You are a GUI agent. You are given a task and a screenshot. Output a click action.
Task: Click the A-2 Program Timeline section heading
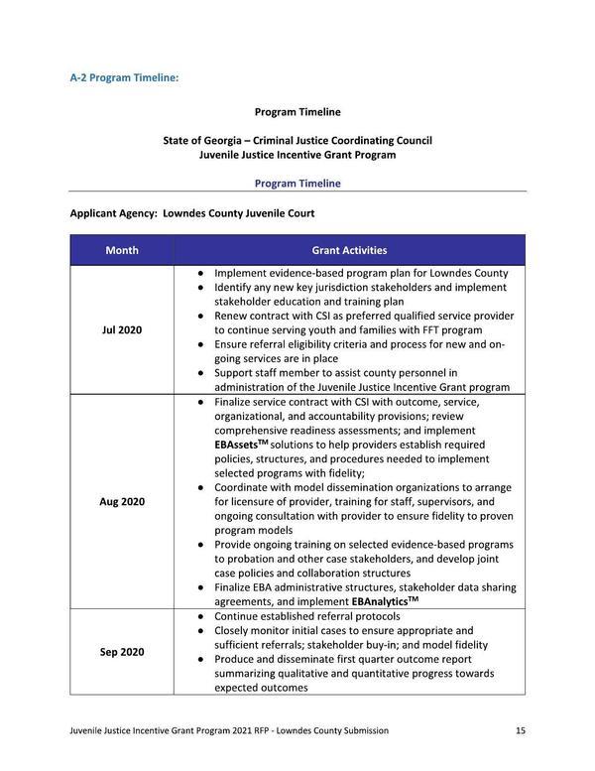click(x=124, y=76)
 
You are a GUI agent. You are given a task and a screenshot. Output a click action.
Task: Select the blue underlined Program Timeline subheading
click(x=297, y=184)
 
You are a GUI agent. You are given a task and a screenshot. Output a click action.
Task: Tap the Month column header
click(x=122, y=250)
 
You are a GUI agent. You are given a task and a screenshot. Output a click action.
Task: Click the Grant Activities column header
click(x=349, y=250)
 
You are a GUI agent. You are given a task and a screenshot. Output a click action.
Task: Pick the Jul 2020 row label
click(x=122, y=329)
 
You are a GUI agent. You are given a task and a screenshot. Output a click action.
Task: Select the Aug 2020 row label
click(x=122, y=501)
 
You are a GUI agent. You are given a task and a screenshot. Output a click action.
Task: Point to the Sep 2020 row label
click(x=122, y=652)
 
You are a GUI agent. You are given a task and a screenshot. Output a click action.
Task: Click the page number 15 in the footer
click(x=520, y=730)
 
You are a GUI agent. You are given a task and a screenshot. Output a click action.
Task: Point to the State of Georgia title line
click(x=297, y=141)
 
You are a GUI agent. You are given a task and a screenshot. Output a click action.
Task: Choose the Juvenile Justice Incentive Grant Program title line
click(x=297, y=155)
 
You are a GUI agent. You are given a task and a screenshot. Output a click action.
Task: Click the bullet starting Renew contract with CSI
click(x=363, y=322)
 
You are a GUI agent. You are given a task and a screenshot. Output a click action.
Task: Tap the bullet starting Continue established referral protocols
click(x=306, y=616)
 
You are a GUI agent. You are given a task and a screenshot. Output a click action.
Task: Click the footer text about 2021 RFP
click(x=229, y=730)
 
